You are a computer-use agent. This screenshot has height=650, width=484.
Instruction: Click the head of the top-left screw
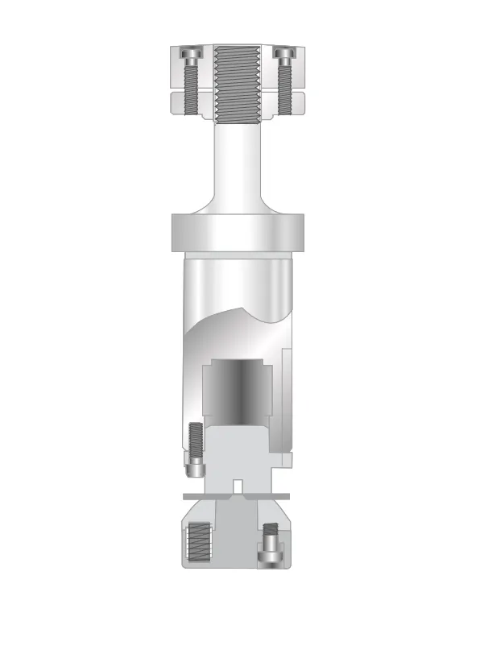click(191, 54)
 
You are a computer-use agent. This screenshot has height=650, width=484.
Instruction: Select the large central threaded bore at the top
click(237, 81)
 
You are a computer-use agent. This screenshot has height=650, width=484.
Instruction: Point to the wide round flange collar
click(237, 234)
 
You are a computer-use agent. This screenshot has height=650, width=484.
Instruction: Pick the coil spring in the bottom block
click(197, 544)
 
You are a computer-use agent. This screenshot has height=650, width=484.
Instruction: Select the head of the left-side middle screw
click(195, 466)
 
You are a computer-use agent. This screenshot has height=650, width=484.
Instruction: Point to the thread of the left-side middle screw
click(194, 440)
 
